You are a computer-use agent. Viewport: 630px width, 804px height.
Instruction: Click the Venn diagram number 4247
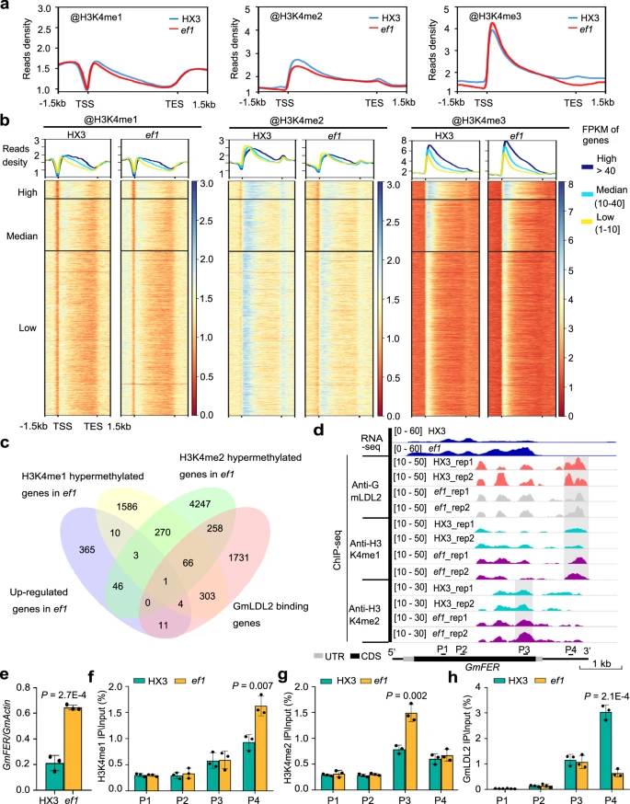click(200, 504)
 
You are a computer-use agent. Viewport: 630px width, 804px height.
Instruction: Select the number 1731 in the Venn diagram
click(238, 557)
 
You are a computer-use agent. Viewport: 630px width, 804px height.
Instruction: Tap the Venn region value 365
click(87, 550)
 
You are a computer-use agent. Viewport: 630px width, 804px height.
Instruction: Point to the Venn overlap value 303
click(207, 596)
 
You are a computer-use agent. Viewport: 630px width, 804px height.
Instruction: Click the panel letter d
click(319, 430)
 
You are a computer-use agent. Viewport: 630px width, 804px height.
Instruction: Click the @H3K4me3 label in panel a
click(495, 17)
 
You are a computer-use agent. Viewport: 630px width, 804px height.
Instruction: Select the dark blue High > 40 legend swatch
click(589, 167)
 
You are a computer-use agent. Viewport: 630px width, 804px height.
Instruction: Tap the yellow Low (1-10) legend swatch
click(589, 222)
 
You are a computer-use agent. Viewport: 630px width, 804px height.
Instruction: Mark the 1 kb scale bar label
click(601, 663)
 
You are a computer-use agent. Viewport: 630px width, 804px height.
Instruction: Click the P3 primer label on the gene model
click(524, 649)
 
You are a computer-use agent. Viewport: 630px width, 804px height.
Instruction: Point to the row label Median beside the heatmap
click(22, 236)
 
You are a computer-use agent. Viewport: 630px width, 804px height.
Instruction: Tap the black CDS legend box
click(355, 656)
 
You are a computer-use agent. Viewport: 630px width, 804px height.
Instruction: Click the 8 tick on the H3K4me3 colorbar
click(570, 184)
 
